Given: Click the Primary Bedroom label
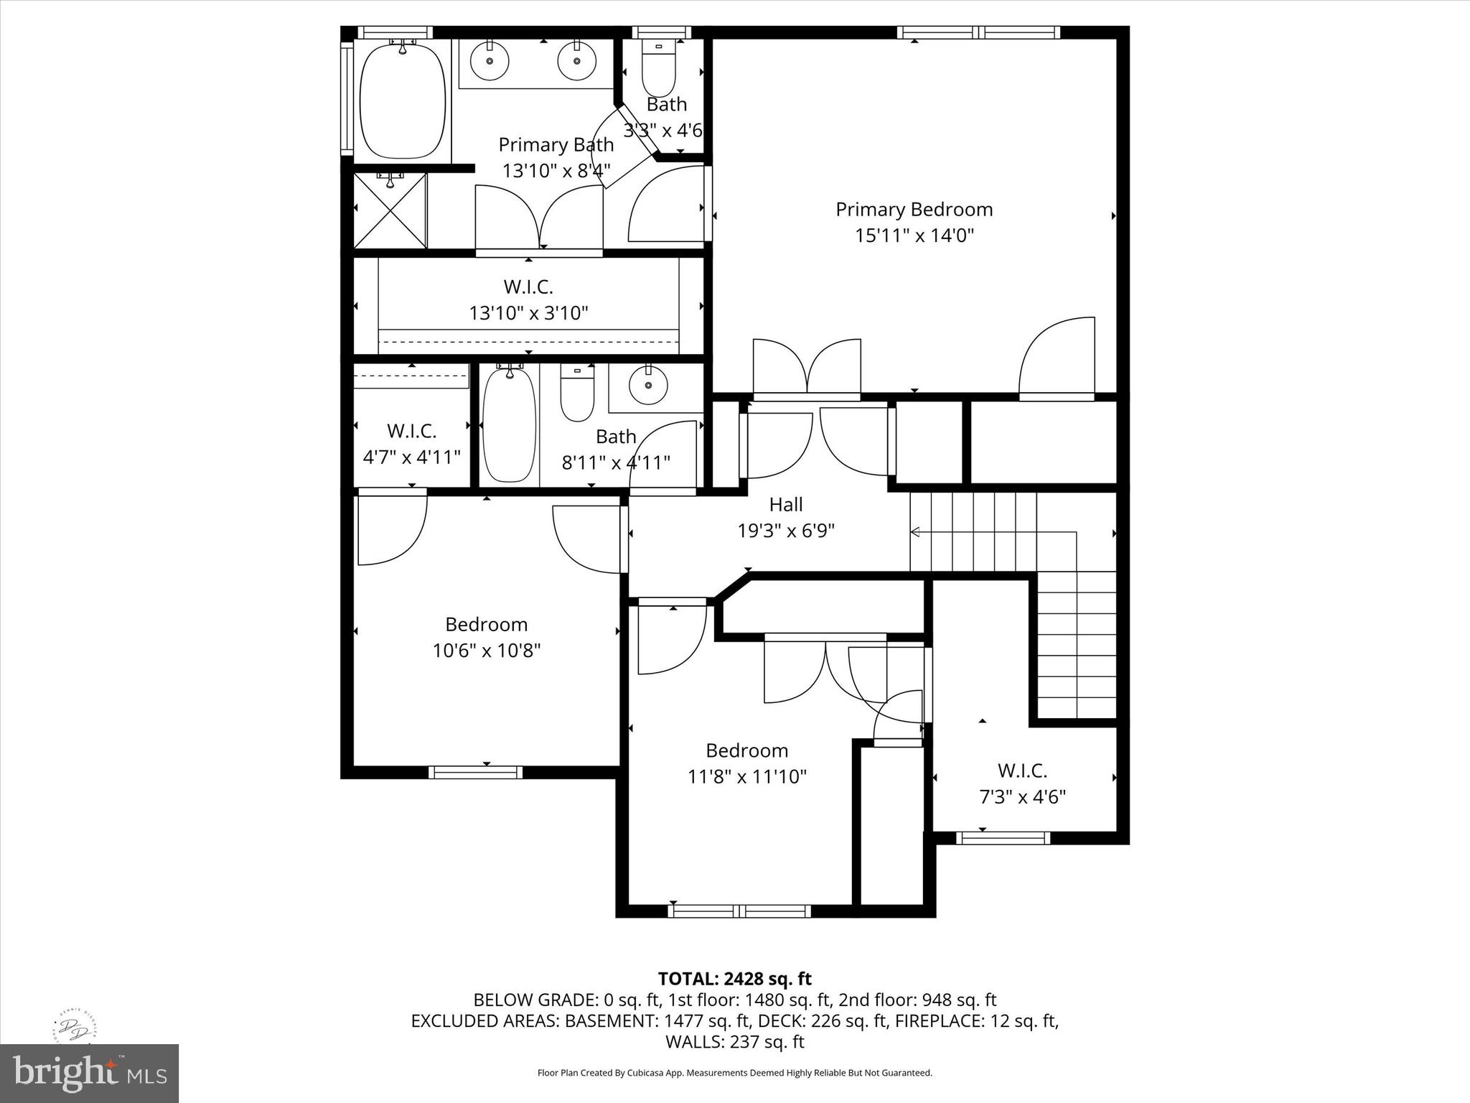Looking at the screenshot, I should [x=914, y=210].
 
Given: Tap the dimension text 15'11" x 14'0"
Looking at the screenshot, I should [x=914, y=236].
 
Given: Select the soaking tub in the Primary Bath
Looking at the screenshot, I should [x=402, y=98].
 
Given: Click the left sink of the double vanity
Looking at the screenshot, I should [x=490, y=61].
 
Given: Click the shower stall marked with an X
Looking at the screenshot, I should [x=390, y=210].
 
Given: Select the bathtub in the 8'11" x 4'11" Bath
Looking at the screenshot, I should [x=509, y=424].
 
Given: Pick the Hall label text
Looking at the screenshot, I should [x=786, y=505].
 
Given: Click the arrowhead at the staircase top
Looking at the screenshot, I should [x=915, y=532].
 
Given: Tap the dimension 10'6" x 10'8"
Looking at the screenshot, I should [x=486, y=651].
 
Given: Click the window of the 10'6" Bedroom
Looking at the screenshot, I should [x=475, y=772].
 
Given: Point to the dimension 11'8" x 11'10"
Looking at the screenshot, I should [x=747, y=776].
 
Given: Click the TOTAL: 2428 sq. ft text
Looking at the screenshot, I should [x=734, y=979].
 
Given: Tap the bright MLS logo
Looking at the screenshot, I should [x=89, y=1073].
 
